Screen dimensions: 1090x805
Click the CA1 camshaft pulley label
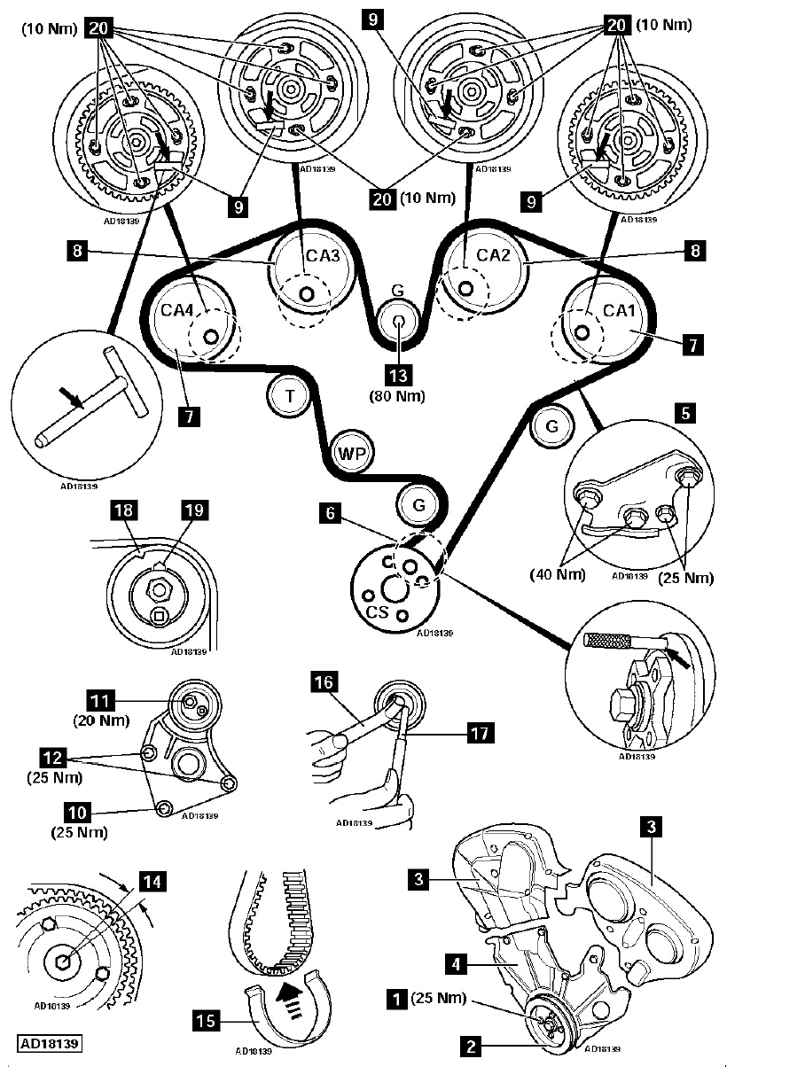(x=614, y=310)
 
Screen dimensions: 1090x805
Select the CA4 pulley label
(x=177, y=310)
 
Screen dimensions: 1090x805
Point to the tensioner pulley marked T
(x=288, y=395)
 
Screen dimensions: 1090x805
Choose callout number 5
(x=682, y=412)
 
